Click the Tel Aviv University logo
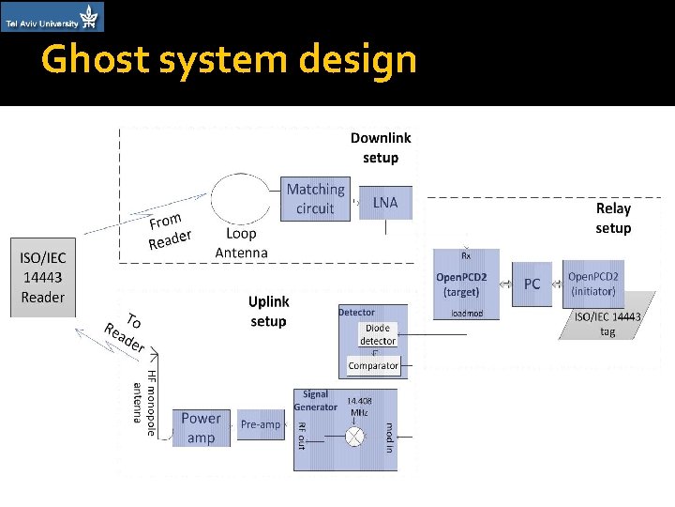point(52,17)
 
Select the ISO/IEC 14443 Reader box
point(43,277)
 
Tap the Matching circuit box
point(315,199)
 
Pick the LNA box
point(385,203)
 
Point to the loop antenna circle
point(241,198)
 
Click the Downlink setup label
point(381,147)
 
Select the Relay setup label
point(613,218)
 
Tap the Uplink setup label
point(269,311)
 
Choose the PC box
point(532,284)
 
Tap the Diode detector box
point(378,334)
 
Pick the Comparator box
point(373,365)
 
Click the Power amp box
point(201,428)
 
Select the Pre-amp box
point(261,424)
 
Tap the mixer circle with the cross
point(355,437)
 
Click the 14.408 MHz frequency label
point(359,406)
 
